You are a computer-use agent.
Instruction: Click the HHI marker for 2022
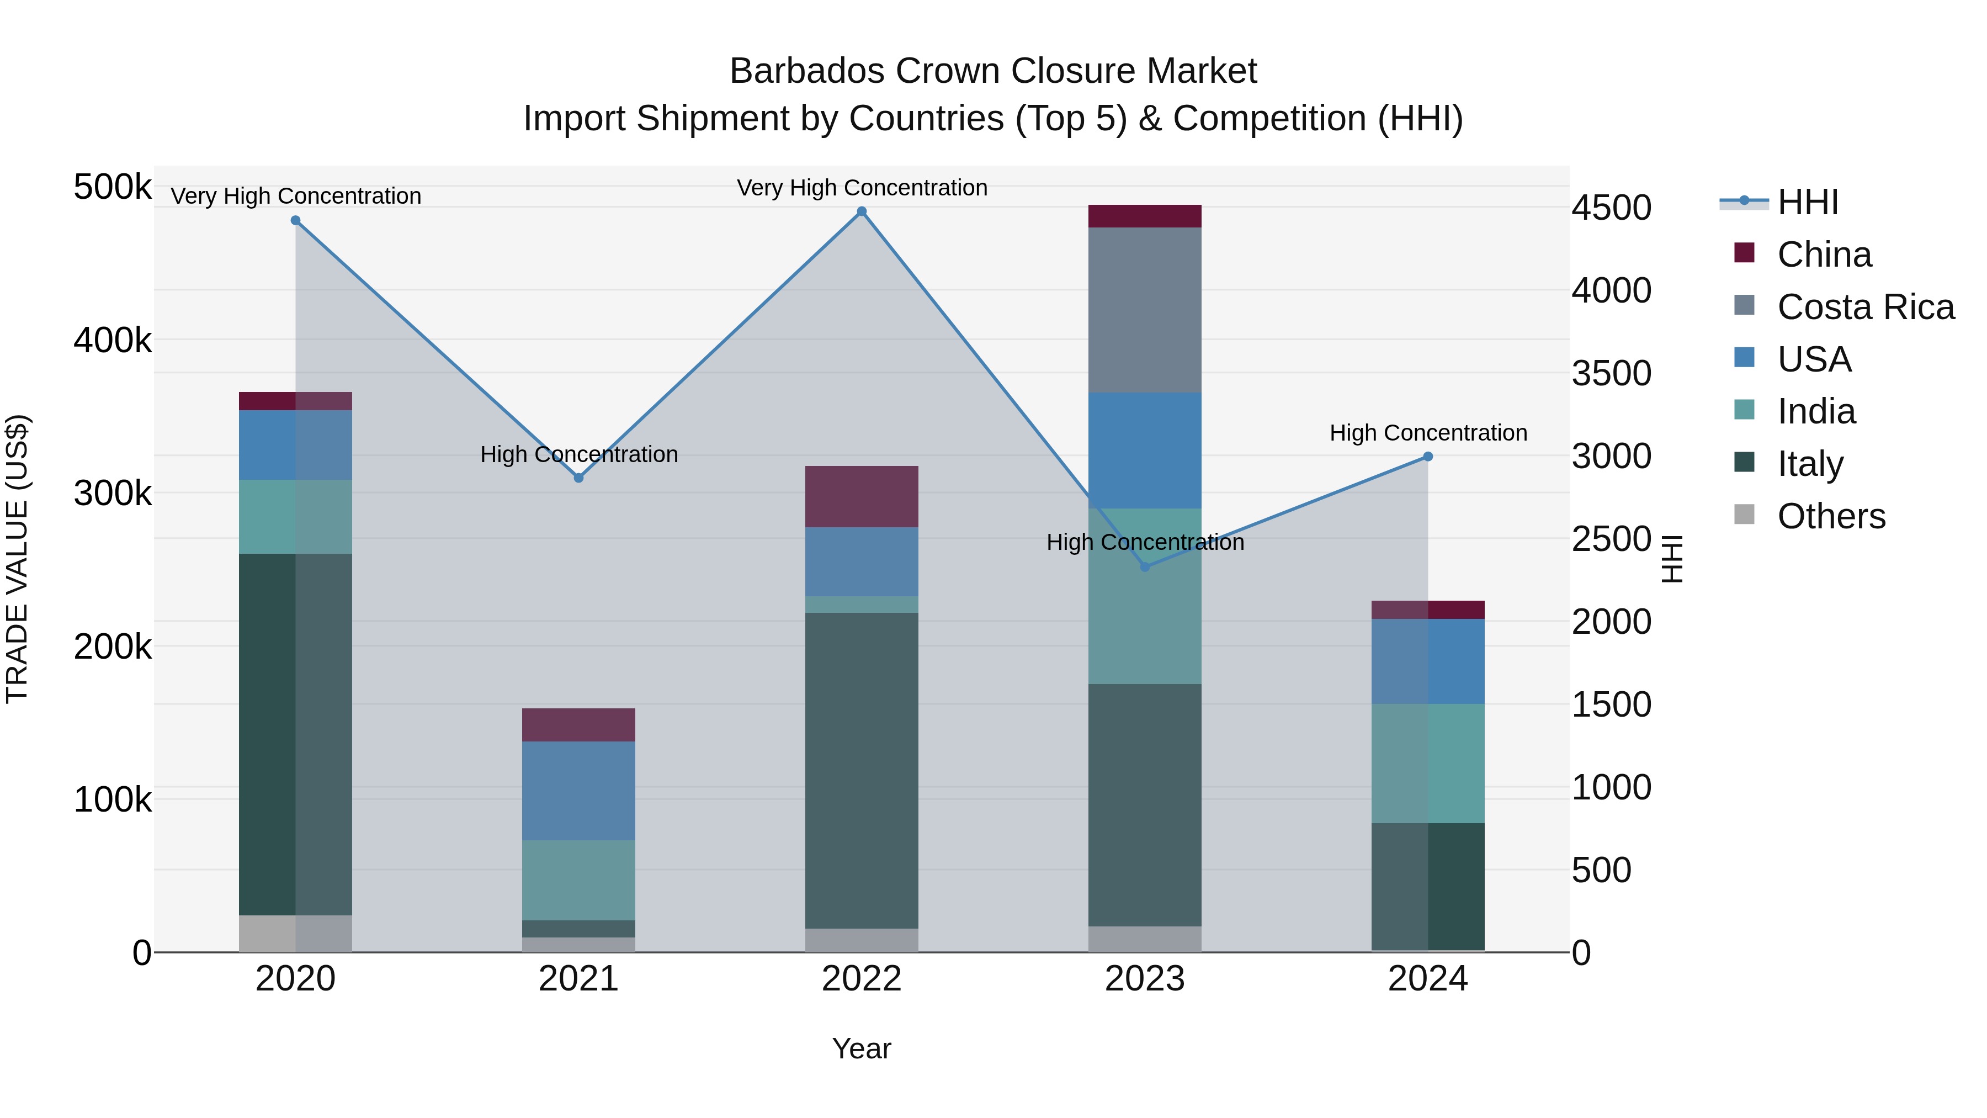[x=862, y=211]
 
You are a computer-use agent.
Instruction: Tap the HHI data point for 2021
[x=578, y=478]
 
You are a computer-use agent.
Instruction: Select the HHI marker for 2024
[x=1428, y=457]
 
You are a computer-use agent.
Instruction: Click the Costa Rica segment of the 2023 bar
[x=1145, y=310]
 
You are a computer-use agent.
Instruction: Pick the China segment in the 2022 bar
[x=862, y=496]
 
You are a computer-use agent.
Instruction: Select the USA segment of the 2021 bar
[x=578, y=791]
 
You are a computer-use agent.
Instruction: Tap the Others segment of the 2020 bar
[x=295, y=934]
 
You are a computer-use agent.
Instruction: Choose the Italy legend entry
[x=1810, y=464]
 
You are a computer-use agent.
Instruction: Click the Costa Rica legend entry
[x=1864, y=307]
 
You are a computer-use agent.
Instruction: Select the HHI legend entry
[x=1807, y=202]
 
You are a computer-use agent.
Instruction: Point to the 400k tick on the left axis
[x=113, y=340]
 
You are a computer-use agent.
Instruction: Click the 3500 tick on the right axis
[x=1611, y=373]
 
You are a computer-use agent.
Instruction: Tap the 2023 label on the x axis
[x=1145, y=979]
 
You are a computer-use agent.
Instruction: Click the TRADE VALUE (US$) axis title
[x=18, y=559]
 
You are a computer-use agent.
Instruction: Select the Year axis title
[x=862, y=1048]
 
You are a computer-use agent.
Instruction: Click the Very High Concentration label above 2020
[x=295, y=196]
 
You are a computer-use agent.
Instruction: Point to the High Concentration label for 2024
[x=1428, y=433]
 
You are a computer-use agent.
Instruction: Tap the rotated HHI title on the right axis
[x=1671, y=559]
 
